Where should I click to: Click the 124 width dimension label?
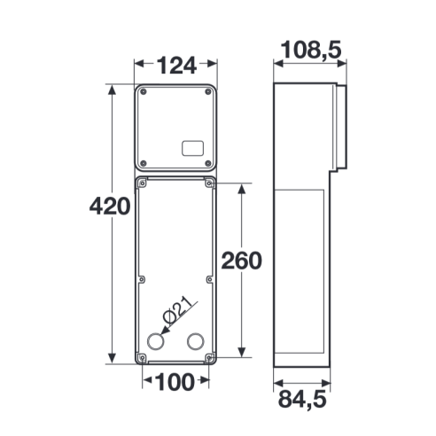point(176,66)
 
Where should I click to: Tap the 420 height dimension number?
point(110,206)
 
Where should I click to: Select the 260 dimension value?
point(242,261)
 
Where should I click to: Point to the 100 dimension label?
point(175,382)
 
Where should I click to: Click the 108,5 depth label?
point(311,50)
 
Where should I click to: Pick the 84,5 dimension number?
point(302,400)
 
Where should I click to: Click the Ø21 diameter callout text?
point(179,311)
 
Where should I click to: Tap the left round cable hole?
point(155,341)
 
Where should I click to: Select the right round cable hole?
point(196,341)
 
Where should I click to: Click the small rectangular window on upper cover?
point(192,148)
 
